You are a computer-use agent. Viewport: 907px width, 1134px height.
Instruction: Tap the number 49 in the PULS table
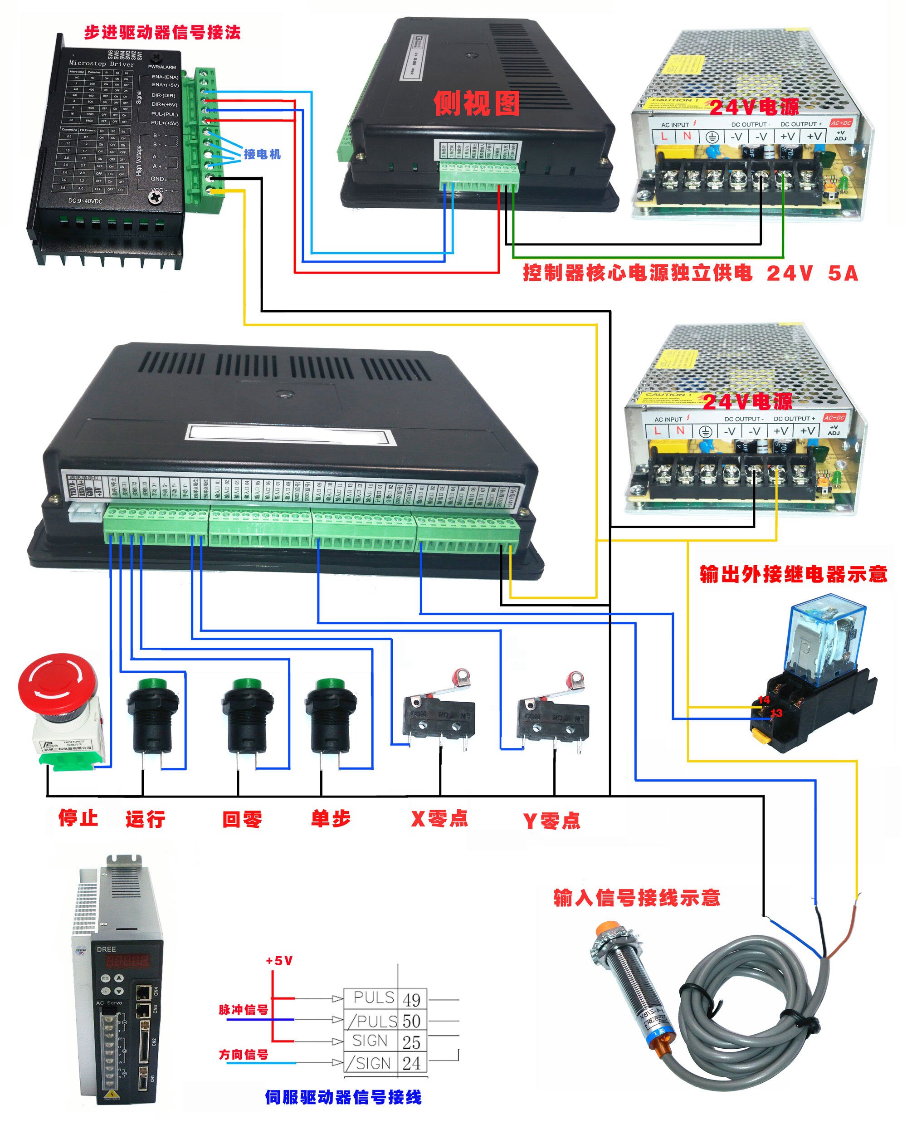coord(411,999)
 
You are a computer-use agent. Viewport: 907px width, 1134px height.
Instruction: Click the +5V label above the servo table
coord(279,960)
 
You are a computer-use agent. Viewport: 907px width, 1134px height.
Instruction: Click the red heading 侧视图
coord(476,103)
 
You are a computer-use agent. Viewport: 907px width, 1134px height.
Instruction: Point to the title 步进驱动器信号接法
coord(162,33)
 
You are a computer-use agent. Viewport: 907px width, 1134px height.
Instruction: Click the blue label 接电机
coord(262,154)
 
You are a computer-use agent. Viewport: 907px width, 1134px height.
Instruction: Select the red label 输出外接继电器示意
coord(793,574)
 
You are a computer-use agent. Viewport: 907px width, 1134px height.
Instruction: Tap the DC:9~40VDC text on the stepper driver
coord(85,201)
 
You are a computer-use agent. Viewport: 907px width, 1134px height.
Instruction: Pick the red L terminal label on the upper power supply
coord(664,136)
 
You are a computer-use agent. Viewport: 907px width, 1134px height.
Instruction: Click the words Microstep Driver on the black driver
coord(102,64)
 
